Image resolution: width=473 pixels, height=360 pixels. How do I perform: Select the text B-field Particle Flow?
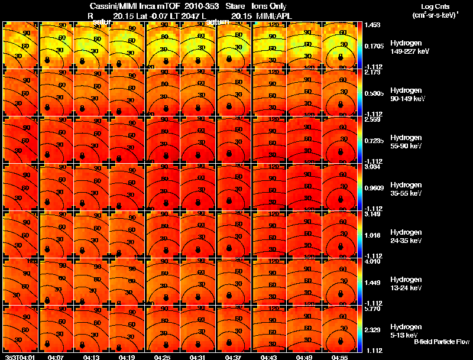pyautogui.click(x=441, y=342)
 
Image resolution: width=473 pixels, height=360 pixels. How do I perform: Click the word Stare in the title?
pyautogui.click(x=235, y=6)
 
